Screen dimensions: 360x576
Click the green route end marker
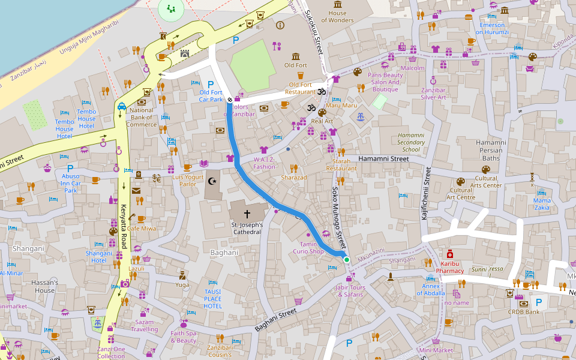(346, 259)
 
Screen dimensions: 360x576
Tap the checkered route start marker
(229, 100)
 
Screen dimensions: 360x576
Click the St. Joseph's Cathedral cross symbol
(247, 214)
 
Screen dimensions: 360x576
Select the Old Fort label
(295, 65)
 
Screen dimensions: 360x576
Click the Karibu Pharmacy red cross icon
(449, 254)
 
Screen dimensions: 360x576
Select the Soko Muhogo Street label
(340, 218)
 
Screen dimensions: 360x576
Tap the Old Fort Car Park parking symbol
(211, 84)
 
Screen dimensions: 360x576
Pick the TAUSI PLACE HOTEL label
(212, 299)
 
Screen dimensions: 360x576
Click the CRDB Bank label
(523, 312)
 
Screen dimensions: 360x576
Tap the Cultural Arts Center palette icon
(485, 170)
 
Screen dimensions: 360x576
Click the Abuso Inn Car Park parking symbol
(70, 169)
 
